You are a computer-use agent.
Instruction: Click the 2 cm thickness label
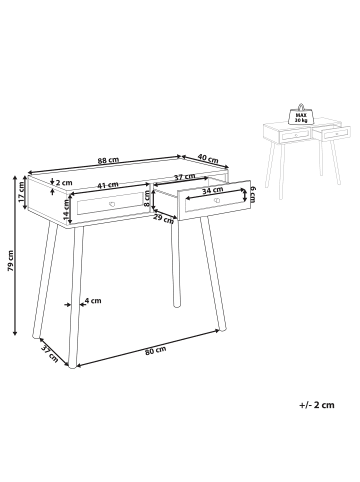65,182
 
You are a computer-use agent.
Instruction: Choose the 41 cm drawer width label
107,184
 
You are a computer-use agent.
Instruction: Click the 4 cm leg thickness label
93,300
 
